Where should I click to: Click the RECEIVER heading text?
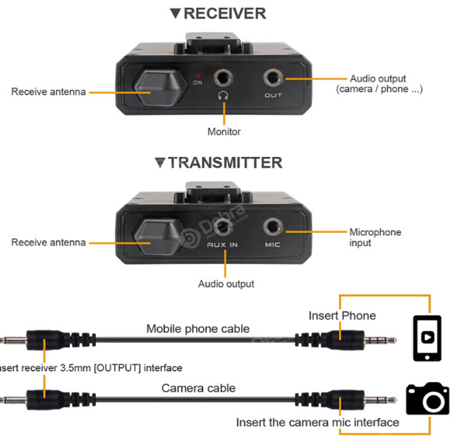[x=224, y=14]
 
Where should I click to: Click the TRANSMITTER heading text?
[x=225, y=163]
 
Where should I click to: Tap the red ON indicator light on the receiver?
[x=197, y=75]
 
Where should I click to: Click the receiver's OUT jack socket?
[x=273, y=78]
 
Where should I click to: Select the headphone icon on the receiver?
[x=224, y=95]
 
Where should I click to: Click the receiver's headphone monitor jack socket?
[x=223, y=78]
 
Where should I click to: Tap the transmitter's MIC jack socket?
[x=273, y=227]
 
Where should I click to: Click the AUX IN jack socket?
[x=223, y=227]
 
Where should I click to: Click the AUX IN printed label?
[x=222, y=244]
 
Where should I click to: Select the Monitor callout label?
[x=224, y=131]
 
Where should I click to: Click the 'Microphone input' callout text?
[x=375, y=238]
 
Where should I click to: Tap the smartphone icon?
[x=427, y=338]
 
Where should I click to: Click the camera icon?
[x=427, y=398]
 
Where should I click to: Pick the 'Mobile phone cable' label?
[x=198, y=329]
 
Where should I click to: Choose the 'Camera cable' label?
[x=198, y=388]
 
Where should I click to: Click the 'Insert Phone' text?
[x=342, y=316]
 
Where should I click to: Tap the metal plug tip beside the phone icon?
[x=380, y=341]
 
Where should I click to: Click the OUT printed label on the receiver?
[x=273, y=95]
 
